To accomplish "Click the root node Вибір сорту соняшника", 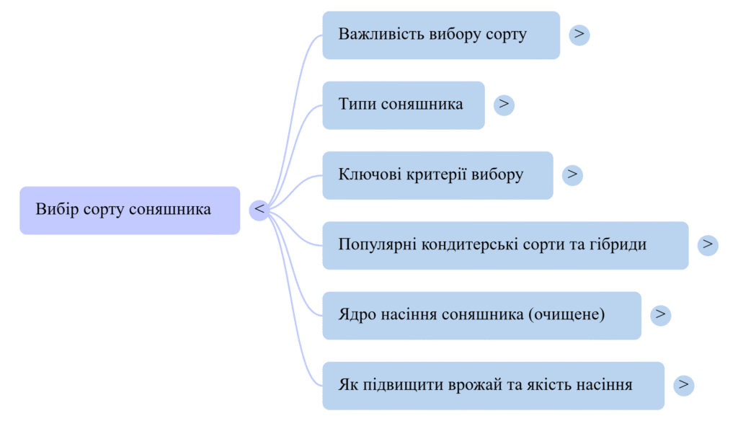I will coord(123,210).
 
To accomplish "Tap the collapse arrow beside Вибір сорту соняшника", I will coord(259,209).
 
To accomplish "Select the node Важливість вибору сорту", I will coord(432,35).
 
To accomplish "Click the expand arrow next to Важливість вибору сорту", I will coord(579,34).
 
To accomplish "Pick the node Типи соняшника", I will coord(401,105).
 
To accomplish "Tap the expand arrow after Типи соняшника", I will coord(504,104).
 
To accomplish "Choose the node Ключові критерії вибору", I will coord(431,175).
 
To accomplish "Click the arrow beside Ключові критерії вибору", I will coord(572,174).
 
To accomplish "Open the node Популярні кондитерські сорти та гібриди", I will coord(492,245).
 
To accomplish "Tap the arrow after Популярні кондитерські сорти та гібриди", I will coord(707,244).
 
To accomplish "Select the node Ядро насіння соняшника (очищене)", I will coord(471,315).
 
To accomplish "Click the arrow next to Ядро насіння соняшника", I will coord(660,314).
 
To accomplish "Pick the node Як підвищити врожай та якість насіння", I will coord(485,385).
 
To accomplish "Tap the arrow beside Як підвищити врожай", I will coord(683,384).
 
